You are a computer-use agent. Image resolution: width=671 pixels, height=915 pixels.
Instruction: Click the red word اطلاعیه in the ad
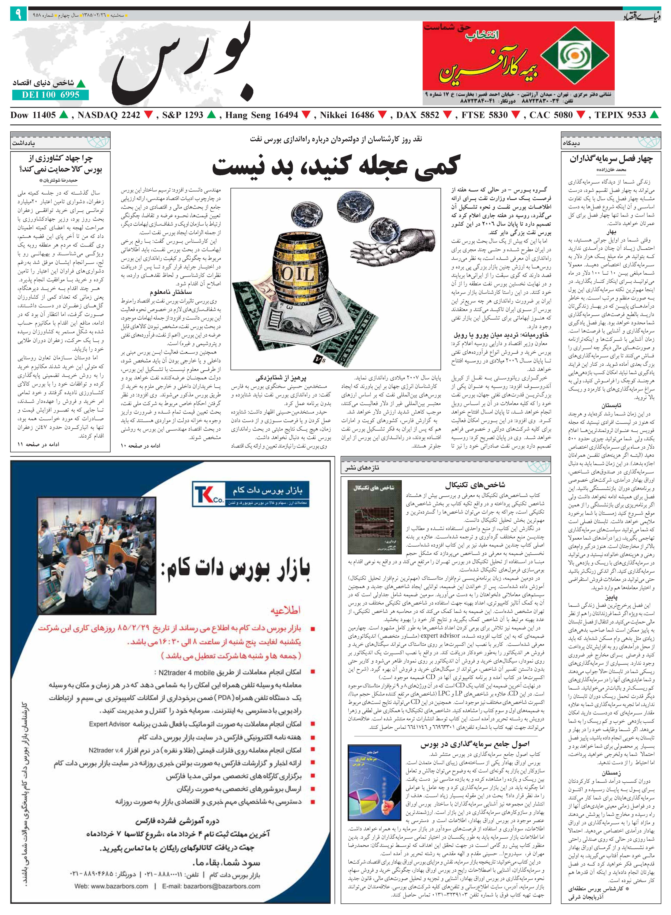286,610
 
